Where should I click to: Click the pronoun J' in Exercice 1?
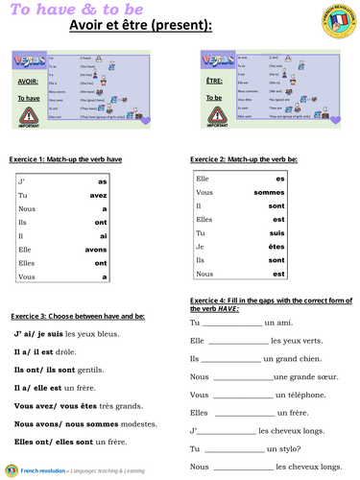point(23,180)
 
